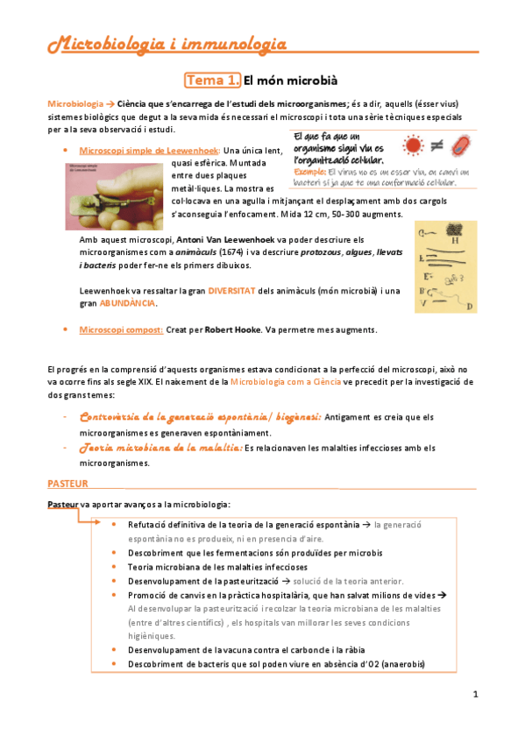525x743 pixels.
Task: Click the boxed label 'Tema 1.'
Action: click(x=212, y=81)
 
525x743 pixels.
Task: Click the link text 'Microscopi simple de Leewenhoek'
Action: click(x=145, y=151)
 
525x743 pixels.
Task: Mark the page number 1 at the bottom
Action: click(x=474, y=695)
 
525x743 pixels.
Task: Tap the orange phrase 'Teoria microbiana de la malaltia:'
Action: click(x=160, y=448)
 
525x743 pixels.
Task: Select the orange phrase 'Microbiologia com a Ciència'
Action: click(x=287, y=382)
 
